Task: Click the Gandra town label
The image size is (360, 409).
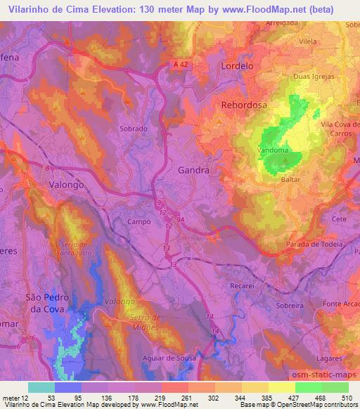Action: point(195,170)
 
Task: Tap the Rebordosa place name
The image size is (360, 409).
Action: point(245,106)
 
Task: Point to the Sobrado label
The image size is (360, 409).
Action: point(134,129)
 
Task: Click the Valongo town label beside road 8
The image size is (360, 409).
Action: point(68,184)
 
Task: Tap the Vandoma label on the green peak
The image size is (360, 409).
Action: point(274,150)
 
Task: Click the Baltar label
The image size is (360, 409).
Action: point(290,180)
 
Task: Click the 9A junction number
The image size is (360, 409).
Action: point(181,219)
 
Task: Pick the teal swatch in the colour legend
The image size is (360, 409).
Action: point(41,387)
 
